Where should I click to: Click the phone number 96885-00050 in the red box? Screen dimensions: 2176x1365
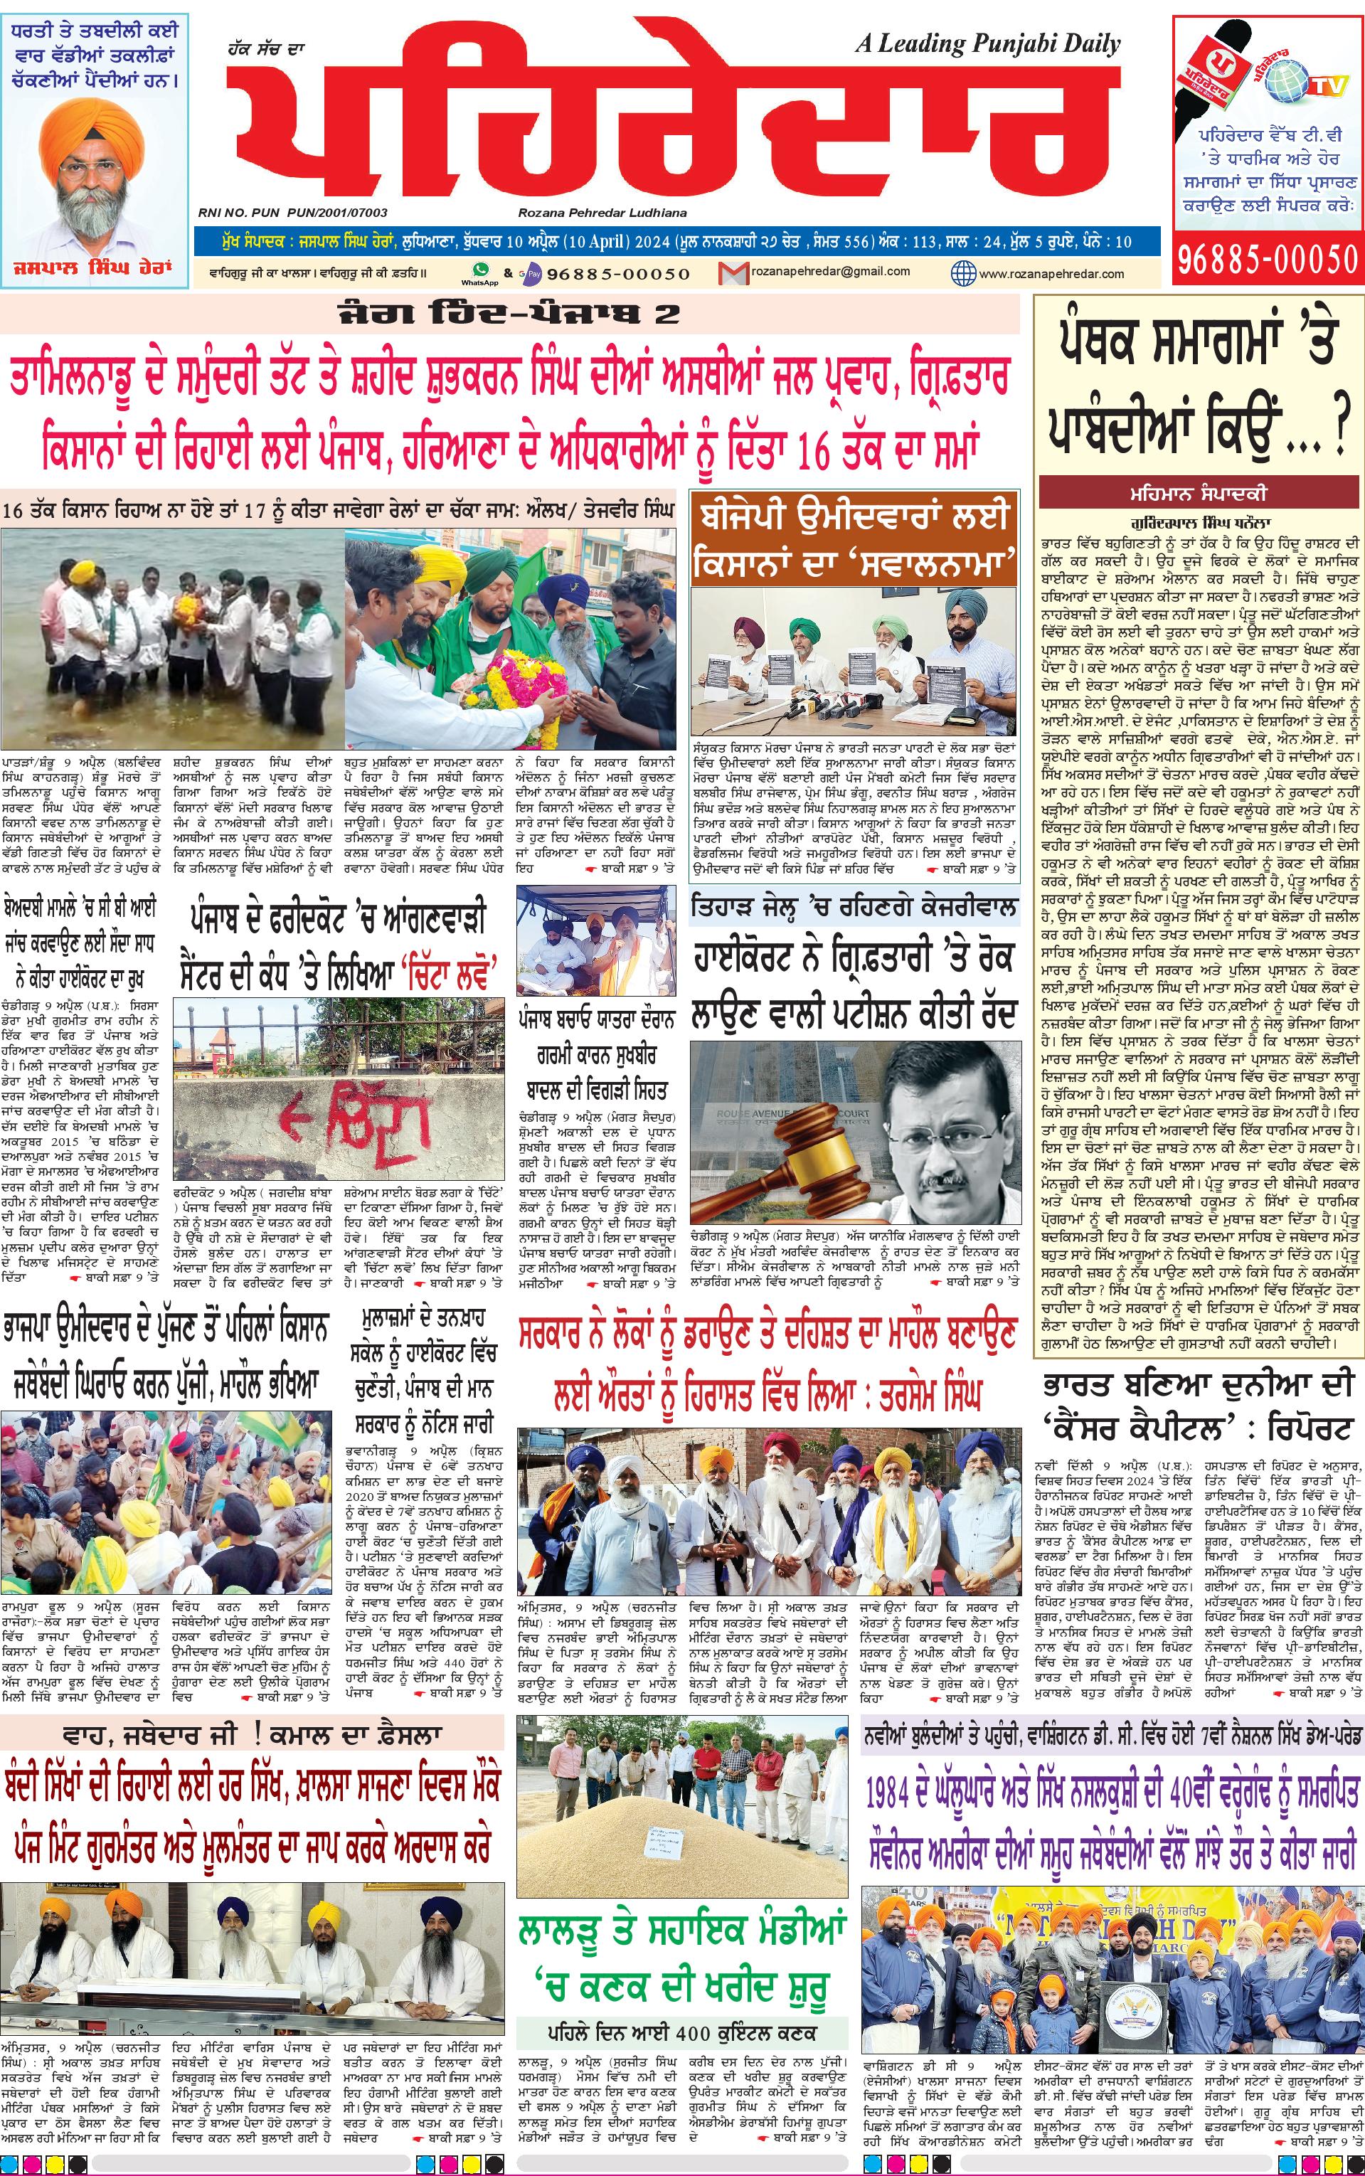(1267, 260)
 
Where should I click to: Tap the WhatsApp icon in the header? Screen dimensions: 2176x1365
(479, 270)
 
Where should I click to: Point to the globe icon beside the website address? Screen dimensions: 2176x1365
(963, 272)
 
